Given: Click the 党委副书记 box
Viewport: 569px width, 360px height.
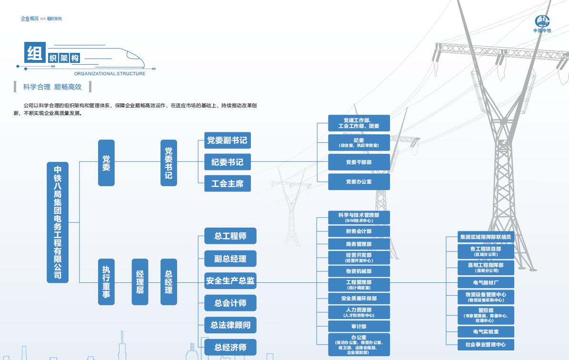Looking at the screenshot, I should tap(227, 140).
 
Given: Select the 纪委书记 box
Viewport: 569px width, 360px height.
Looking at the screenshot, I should tap(227, 162).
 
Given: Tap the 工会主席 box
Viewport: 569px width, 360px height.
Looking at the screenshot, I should tap(227, 183).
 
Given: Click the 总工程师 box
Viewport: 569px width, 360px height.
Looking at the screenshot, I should tap(230, 236).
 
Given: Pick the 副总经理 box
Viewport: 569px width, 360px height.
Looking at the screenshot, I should tap(230, 259).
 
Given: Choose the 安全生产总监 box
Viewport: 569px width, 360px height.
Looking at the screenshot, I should tap(230, 281).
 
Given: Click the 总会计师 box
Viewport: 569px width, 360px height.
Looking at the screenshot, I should tap(230, 303).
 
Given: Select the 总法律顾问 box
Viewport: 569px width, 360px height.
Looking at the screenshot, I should tap(230, 325).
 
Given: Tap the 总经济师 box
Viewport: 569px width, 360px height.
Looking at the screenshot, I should tap(230, 347).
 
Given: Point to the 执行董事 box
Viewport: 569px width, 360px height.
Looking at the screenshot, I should tap(106, 281).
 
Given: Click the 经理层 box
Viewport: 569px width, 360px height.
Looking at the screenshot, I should tap(140, 281).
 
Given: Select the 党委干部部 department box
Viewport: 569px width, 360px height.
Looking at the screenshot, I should tap(359, 162).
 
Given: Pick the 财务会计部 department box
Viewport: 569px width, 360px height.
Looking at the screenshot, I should tap(359, 231).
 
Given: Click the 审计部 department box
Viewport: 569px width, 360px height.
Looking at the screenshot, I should tap(359, 327).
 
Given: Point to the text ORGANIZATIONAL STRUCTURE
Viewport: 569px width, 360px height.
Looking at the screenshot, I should tap(110, 74).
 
